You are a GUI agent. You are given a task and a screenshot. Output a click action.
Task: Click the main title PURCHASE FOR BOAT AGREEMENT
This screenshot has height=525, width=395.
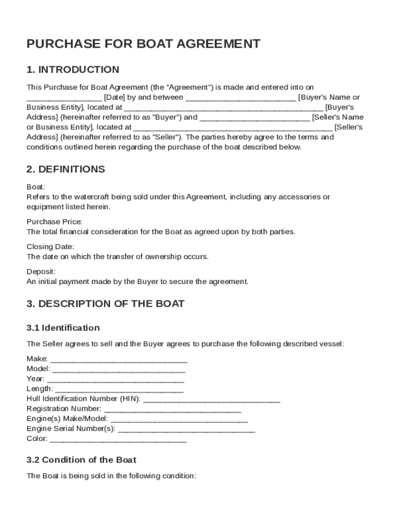click(x=143, y=44)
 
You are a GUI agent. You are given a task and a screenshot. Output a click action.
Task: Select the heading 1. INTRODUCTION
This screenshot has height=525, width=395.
click(x=73, y=70)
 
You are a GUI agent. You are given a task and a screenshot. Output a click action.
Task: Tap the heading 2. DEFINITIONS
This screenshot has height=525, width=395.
click(x=66, y=169)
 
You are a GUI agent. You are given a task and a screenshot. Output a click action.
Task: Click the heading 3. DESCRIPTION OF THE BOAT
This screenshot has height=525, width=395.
click(x=105, y=304)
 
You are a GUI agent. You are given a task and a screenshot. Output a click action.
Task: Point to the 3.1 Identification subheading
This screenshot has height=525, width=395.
click(x=63, y=328)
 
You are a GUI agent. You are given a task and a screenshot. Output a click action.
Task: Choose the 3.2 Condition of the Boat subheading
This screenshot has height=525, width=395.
click(x=81, y=460)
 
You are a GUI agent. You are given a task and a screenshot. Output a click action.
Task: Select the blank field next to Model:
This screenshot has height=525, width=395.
click(x=119, y=370)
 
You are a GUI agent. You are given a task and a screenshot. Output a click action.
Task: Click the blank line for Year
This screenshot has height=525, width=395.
click(x=115, y=380)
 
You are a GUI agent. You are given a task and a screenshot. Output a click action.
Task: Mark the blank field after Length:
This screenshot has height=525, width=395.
click(x=119, y=390)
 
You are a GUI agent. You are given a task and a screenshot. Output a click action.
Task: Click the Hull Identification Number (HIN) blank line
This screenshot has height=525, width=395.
click(x=212, y=400)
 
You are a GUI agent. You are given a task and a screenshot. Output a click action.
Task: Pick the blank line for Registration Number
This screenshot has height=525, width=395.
click(x=172, y=410)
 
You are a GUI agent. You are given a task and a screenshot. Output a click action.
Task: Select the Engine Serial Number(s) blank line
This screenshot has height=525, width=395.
click(x=186, y=430)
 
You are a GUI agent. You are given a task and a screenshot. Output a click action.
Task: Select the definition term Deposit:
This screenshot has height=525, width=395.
click(x=41, y=271)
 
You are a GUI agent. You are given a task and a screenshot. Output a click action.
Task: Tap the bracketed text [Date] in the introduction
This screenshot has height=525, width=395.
click(x=113, y=97)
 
